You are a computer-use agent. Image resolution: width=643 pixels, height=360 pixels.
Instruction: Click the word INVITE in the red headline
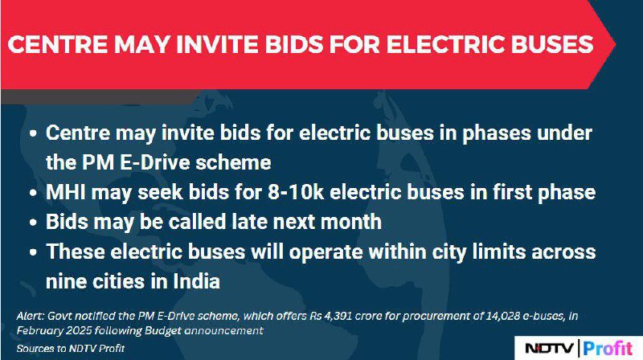click(x=218, y=45)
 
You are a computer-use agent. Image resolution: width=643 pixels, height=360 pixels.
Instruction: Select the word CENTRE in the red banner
click(x=58, y=45)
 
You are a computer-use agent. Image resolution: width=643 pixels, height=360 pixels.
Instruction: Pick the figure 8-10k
click(x=296, y=192)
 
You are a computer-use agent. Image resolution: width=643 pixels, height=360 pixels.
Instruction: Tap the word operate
click(x=326, y=252)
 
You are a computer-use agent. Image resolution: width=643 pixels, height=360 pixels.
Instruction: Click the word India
click(x=196, y=281)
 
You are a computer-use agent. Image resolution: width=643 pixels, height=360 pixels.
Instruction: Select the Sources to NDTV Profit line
click(x=70, y=349)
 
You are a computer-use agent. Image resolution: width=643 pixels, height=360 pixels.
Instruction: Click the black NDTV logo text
click(x=550, y=349)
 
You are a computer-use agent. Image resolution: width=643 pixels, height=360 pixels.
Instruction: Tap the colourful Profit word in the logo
click(x=608, y=349)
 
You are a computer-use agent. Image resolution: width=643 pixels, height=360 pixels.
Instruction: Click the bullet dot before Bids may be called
click(x=34, y=223)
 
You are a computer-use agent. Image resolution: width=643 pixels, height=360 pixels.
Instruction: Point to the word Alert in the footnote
click(x=31, y=316)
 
